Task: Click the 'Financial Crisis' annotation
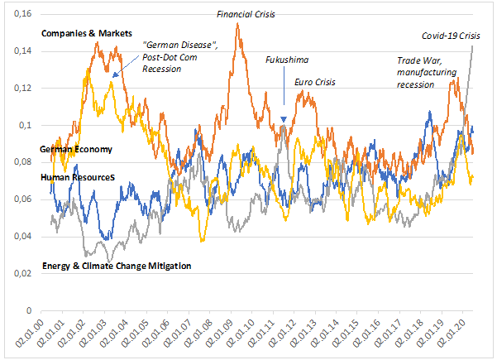tap(246, 14)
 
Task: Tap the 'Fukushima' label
tap(286, 60)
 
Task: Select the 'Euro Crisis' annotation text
tap(315, 83)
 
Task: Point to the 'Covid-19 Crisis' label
tap(451, 36)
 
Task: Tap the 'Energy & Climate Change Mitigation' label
tap(116, 266)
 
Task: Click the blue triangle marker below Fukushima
tap(284, 121)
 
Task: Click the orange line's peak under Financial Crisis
tap(238, 24)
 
